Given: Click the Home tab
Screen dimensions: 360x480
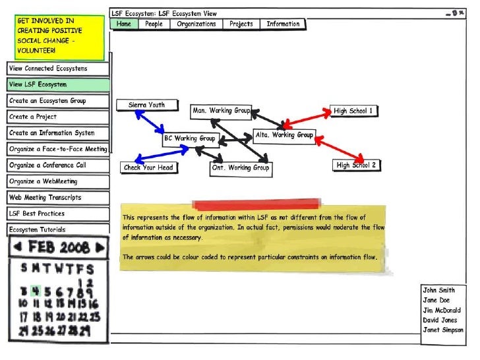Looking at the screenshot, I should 124,24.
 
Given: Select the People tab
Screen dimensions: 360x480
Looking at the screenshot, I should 154,24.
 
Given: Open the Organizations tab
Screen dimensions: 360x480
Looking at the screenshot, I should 196,24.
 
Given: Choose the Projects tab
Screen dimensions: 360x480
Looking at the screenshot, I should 241,24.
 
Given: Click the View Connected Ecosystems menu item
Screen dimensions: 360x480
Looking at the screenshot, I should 58,69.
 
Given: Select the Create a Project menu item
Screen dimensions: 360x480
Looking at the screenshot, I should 58,117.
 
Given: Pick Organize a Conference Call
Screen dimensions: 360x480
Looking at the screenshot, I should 58,165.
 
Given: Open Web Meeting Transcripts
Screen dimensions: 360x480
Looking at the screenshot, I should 58,198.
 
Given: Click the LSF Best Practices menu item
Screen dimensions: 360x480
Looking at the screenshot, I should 58,214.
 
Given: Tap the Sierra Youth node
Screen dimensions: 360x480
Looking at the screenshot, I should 147,105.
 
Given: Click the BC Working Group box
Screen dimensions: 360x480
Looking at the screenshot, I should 189,138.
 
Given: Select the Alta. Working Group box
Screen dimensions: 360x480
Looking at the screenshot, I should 284,135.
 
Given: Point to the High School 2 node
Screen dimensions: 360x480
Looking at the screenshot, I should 356,165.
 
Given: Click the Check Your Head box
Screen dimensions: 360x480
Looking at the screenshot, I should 148,167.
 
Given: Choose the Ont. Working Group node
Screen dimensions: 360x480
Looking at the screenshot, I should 240,168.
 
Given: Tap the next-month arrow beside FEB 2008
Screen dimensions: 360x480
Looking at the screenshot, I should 100,248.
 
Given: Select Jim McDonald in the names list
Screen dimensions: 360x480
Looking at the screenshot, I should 442,311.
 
